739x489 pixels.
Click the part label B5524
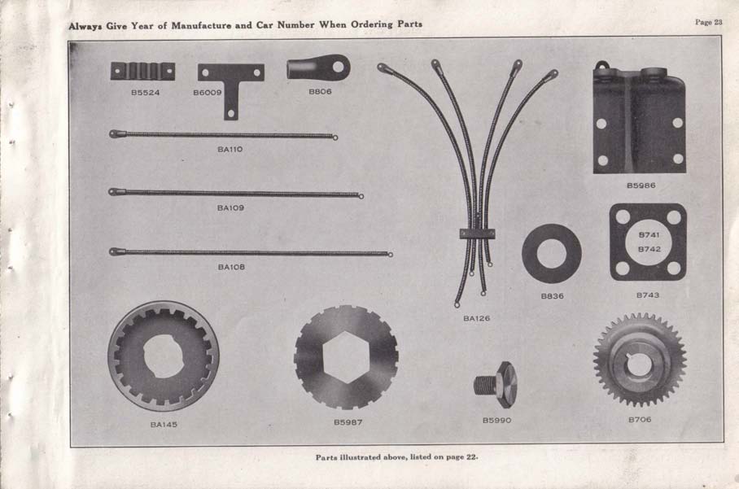[145, 92]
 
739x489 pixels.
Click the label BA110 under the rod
[230, 150]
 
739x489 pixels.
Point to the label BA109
[230, 208]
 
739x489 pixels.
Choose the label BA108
[230, 267]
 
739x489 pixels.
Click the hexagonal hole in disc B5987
[346, 356]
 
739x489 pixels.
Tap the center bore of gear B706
[639, 364]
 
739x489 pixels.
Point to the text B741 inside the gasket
[649, 235]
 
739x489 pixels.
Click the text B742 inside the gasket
[649, 249]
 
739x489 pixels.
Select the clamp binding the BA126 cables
[477, 234]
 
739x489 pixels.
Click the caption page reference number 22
[470, 456]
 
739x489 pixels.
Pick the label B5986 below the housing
[641, 186]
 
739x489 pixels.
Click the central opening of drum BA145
[164, 356]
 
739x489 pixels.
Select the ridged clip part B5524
[142, 72]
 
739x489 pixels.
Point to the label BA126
[477, 319]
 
